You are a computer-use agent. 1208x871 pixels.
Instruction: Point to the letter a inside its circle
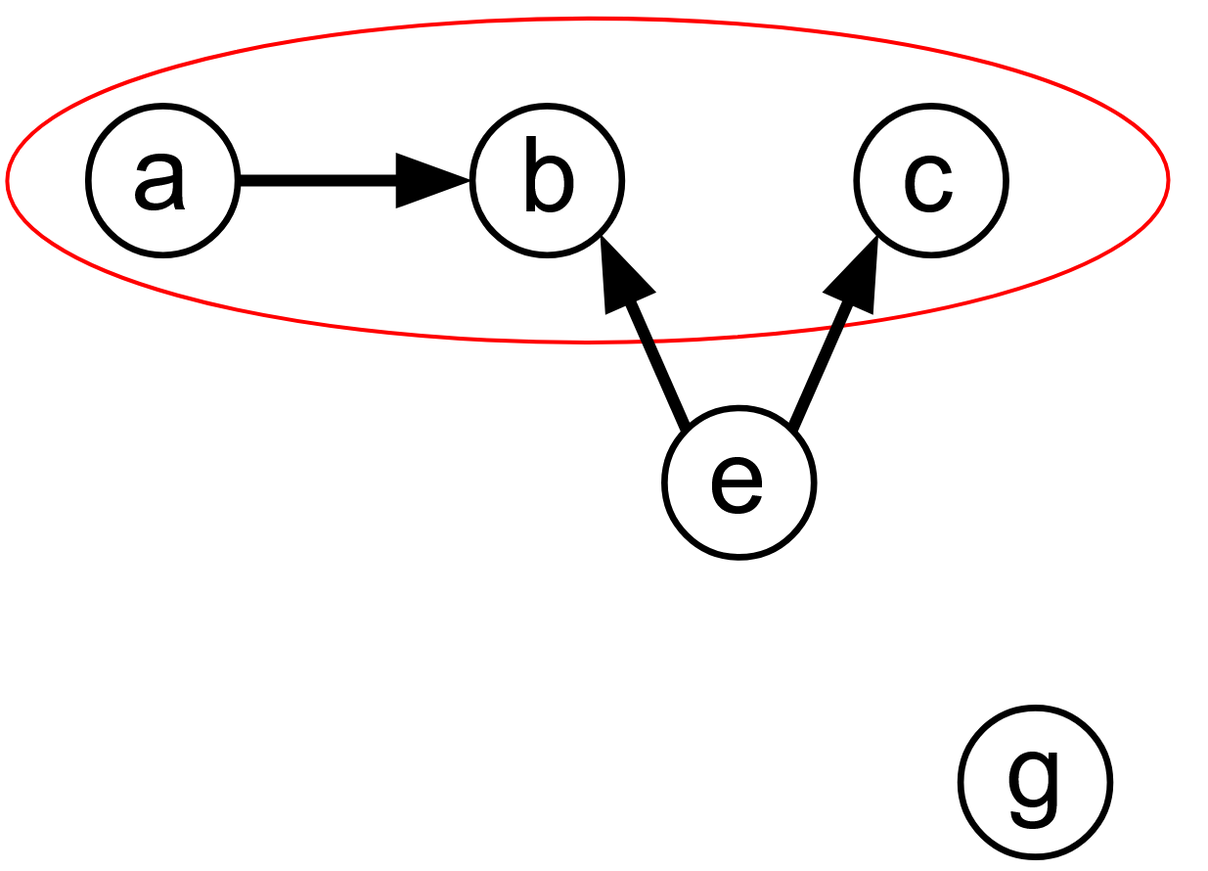point(159,180)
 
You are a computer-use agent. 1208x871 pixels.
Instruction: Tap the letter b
point(548,176)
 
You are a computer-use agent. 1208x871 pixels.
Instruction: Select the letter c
point(928,183)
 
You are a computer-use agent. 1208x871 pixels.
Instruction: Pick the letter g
point(1033,785)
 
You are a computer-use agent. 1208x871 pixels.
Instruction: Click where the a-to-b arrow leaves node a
point(241,180)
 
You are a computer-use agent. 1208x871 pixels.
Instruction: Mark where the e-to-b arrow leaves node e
point(686,426)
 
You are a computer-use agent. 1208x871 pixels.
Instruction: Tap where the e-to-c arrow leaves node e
point(791,428)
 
